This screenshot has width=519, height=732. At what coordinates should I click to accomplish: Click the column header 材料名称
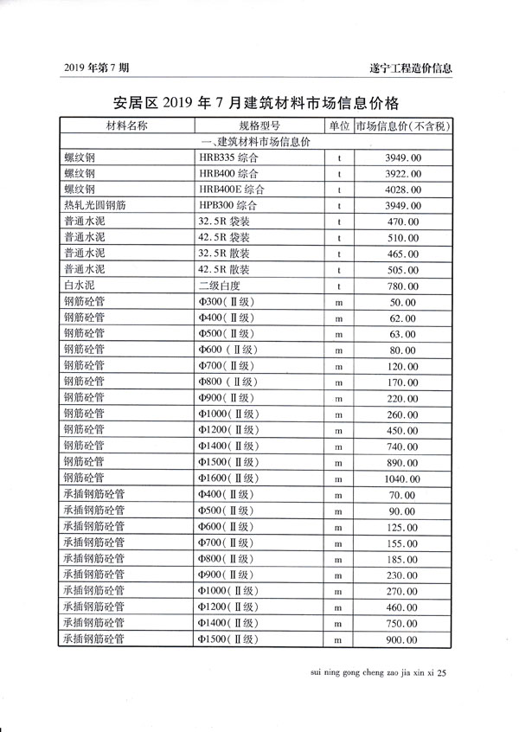[126, 126]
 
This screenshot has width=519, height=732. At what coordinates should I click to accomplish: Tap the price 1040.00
[402, 478]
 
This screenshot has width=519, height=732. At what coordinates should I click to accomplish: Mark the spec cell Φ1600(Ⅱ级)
[227, 478]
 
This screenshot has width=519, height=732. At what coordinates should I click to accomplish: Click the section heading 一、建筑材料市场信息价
[260, 142]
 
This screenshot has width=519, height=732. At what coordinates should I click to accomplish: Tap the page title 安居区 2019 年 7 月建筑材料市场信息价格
[259, 103]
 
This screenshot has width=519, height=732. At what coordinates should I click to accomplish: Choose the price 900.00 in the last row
[402, 639]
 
